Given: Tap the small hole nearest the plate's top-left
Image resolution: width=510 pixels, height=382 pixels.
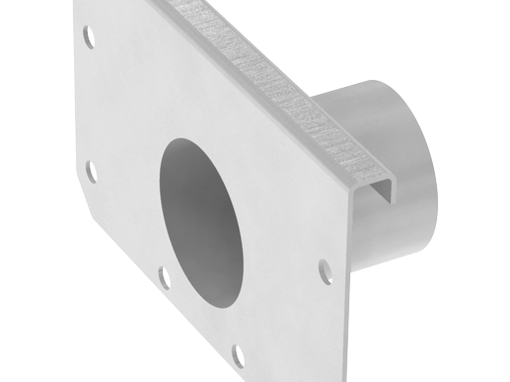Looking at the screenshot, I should [x=89, y=38].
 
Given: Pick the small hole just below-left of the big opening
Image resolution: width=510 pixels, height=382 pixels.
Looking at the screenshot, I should [x=164, y=274].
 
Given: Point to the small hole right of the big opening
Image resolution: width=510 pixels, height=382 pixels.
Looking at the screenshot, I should [x=325, y=268].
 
